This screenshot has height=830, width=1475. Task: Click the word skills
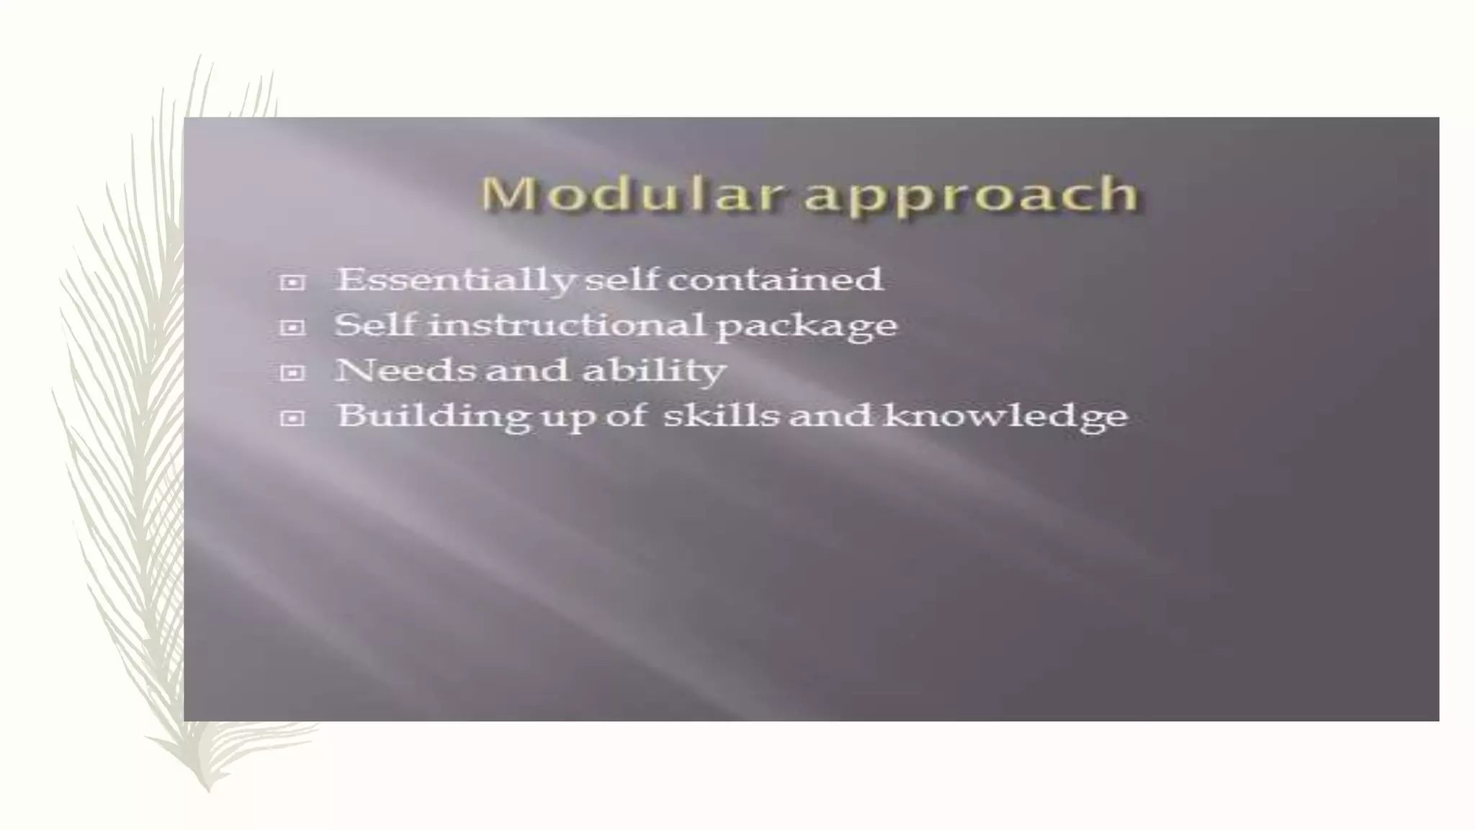721,416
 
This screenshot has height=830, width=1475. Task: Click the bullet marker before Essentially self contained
292,282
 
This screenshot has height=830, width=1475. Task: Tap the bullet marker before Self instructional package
292,328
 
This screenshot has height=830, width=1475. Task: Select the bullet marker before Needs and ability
292,373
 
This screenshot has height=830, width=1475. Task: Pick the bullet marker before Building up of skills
292,419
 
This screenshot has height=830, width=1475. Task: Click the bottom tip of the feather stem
208,789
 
